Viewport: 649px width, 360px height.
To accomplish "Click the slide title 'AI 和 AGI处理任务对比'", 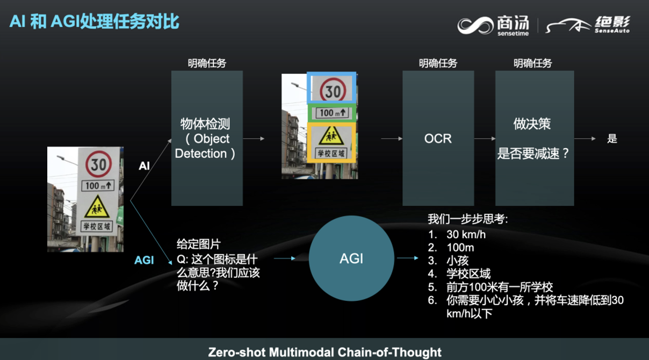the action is [95, 21].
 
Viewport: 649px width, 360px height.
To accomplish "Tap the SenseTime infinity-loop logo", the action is [475, 25].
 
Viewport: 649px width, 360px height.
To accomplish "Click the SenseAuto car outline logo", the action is [568, 25].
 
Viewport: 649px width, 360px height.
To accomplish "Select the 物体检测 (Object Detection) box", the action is [207, 138].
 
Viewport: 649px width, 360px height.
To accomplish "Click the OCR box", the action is [438, 138].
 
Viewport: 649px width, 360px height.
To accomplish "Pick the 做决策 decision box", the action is [535, 138].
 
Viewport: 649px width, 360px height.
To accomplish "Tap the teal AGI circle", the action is [351, 258].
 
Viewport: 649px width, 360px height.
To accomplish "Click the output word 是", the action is [612, 139].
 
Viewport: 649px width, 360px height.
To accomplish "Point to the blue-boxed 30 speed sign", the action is [331, 88].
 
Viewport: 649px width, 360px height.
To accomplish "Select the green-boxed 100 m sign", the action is [331, 113].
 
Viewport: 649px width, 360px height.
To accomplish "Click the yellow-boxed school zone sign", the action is [331, 142].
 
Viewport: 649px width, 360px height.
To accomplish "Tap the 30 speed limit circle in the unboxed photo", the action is [98, 164].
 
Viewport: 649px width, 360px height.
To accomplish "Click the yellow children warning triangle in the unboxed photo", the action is [97, 207].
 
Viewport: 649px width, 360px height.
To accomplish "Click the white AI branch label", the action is [144, 166].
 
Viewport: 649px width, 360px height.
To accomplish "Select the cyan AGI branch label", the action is [144, 260].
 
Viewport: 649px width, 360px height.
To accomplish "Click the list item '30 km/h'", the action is [466, 234].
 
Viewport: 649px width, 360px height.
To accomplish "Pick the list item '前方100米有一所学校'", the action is [500, 287].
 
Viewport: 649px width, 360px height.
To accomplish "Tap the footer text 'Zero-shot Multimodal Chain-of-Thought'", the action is [325, 352].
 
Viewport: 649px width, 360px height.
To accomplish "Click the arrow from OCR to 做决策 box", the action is [485, 139].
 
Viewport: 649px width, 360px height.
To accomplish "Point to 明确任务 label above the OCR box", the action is [438, 63].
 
